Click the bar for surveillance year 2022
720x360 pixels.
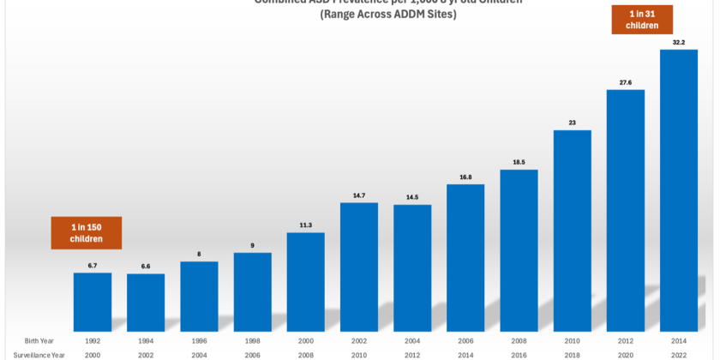(x=678, y=189)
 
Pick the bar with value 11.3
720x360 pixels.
(x=305, y=279)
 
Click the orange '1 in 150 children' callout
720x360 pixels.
(x=86, y=232)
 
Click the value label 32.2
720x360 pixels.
(x=678, y=41)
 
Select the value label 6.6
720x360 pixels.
(x=146, y=267)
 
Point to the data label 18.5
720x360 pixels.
(x=519, y=162)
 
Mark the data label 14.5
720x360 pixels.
(x=412, y=197)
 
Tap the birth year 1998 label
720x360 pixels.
(x=252, y=339)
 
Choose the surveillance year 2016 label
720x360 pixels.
(x=519, y=354)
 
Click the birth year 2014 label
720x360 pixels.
(x=678, y=339)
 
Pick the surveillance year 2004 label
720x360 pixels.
(x=199, y=354)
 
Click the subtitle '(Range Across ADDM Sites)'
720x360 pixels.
(x=388, y=15)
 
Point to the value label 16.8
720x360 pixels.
(x=465, y=177)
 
